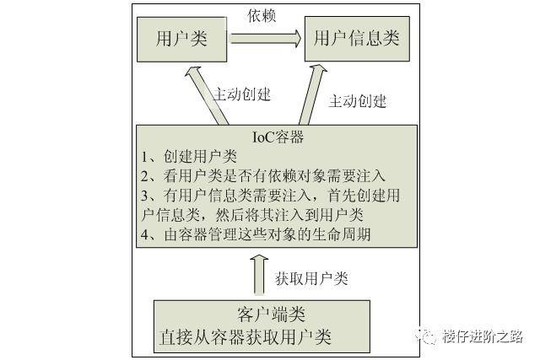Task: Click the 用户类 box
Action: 181,38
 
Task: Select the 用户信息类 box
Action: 356,38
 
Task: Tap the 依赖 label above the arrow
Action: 262,15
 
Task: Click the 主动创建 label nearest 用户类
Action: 242,94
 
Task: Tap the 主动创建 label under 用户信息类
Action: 357,101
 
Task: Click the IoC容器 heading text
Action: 278,137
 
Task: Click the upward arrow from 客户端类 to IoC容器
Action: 259,276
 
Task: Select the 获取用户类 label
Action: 311,277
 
